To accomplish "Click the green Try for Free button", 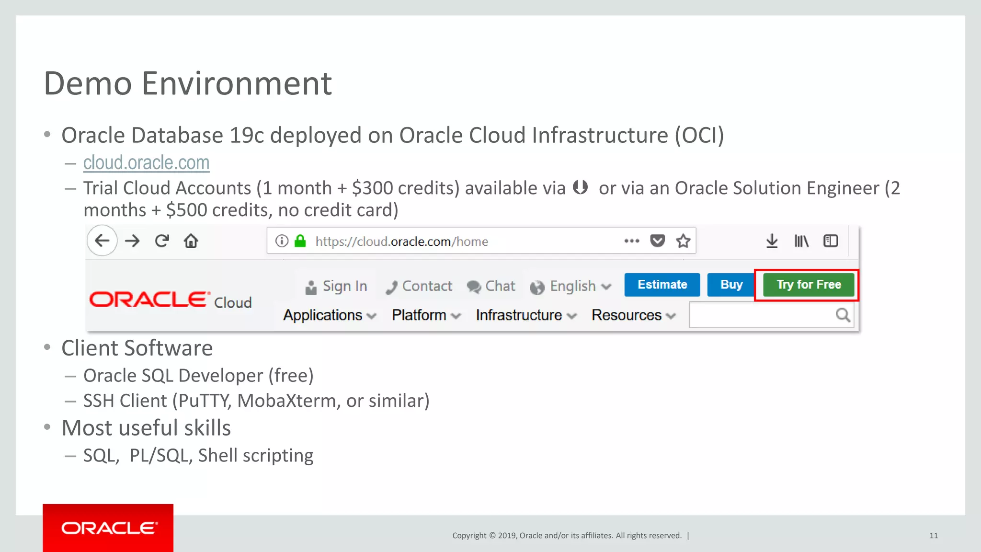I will point(808,285).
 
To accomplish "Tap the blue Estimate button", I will point(662,285).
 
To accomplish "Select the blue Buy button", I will point(731,285).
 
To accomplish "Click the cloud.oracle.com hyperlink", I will point(146,163).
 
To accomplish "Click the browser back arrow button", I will point(102,241).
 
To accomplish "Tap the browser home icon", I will point(191,241).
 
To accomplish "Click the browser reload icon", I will point(162,241).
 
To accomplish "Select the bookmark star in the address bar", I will point(683,241).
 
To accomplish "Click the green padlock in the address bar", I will point(300,241).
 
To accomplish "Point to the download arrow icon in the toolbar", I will point(772,241).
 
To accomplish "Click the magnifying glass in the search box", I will point(843,315).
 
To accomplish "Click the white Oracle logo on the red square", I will point(108,528).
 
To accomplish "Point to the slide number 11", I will point(933,536).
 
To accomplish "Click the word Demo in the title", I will point(88,83).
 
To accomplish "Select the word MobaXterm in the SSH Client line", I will point(288,401).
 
